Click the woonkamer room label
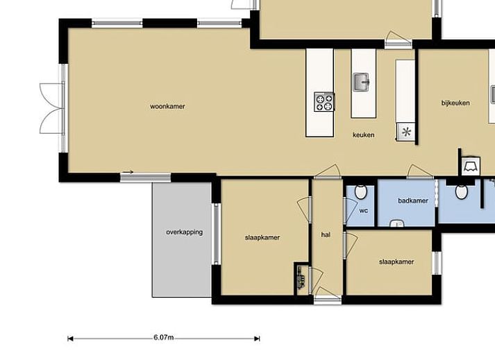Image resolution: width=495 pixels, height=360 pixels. click(x=167, y=106)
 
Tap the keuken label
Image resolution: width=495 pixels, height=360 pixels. click(x=363, y=135)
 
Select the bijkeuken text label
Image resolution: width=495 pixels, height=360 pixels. click(x=455, y=103)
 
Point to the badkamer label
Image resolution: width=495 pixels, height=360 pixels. click(x=413, y=200)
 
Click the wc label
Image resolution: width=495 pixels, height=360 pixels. click(x=364, y=211)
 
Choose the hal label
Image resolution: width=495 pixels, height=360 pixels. click(x=326, y=234)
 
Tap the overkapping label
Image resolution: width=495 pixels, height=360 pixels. click(x=185, y=232)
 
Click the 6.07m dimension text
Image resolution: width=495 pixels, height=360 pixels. click(x=164, y=337)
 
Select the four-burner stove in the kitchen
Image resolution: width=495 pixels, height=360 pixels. click(x=324, y=101)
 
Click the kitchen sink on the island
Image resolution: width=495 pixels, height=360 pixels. click(x=361, y=82)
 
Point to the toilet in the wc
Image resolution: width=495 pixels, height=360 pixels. click(x=360, y=192)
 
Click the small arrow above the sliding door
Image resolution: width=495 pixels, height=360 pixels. click(x=128, y=172)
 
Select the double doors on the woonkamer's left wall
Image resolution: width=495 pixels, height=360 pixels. click(x=52, y=108)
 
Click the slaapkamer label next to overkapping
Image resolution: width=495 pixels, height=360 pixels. click(x=262, y=238)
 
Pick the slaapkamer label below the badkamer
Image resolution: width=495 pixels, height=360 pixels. click(x=396, y=262)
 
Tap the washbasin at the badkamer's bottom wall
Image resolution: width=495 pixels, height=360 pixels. click(x=397, y=223)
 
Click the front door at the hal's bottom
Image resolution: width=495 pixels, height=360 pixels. click(x=328, y=295)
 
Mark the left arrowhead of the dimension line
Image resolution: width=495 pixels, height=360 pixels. click(x=70, y=339)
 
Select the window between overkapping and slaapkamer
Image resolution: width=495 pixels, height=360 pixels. click(x=216, y=234)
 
